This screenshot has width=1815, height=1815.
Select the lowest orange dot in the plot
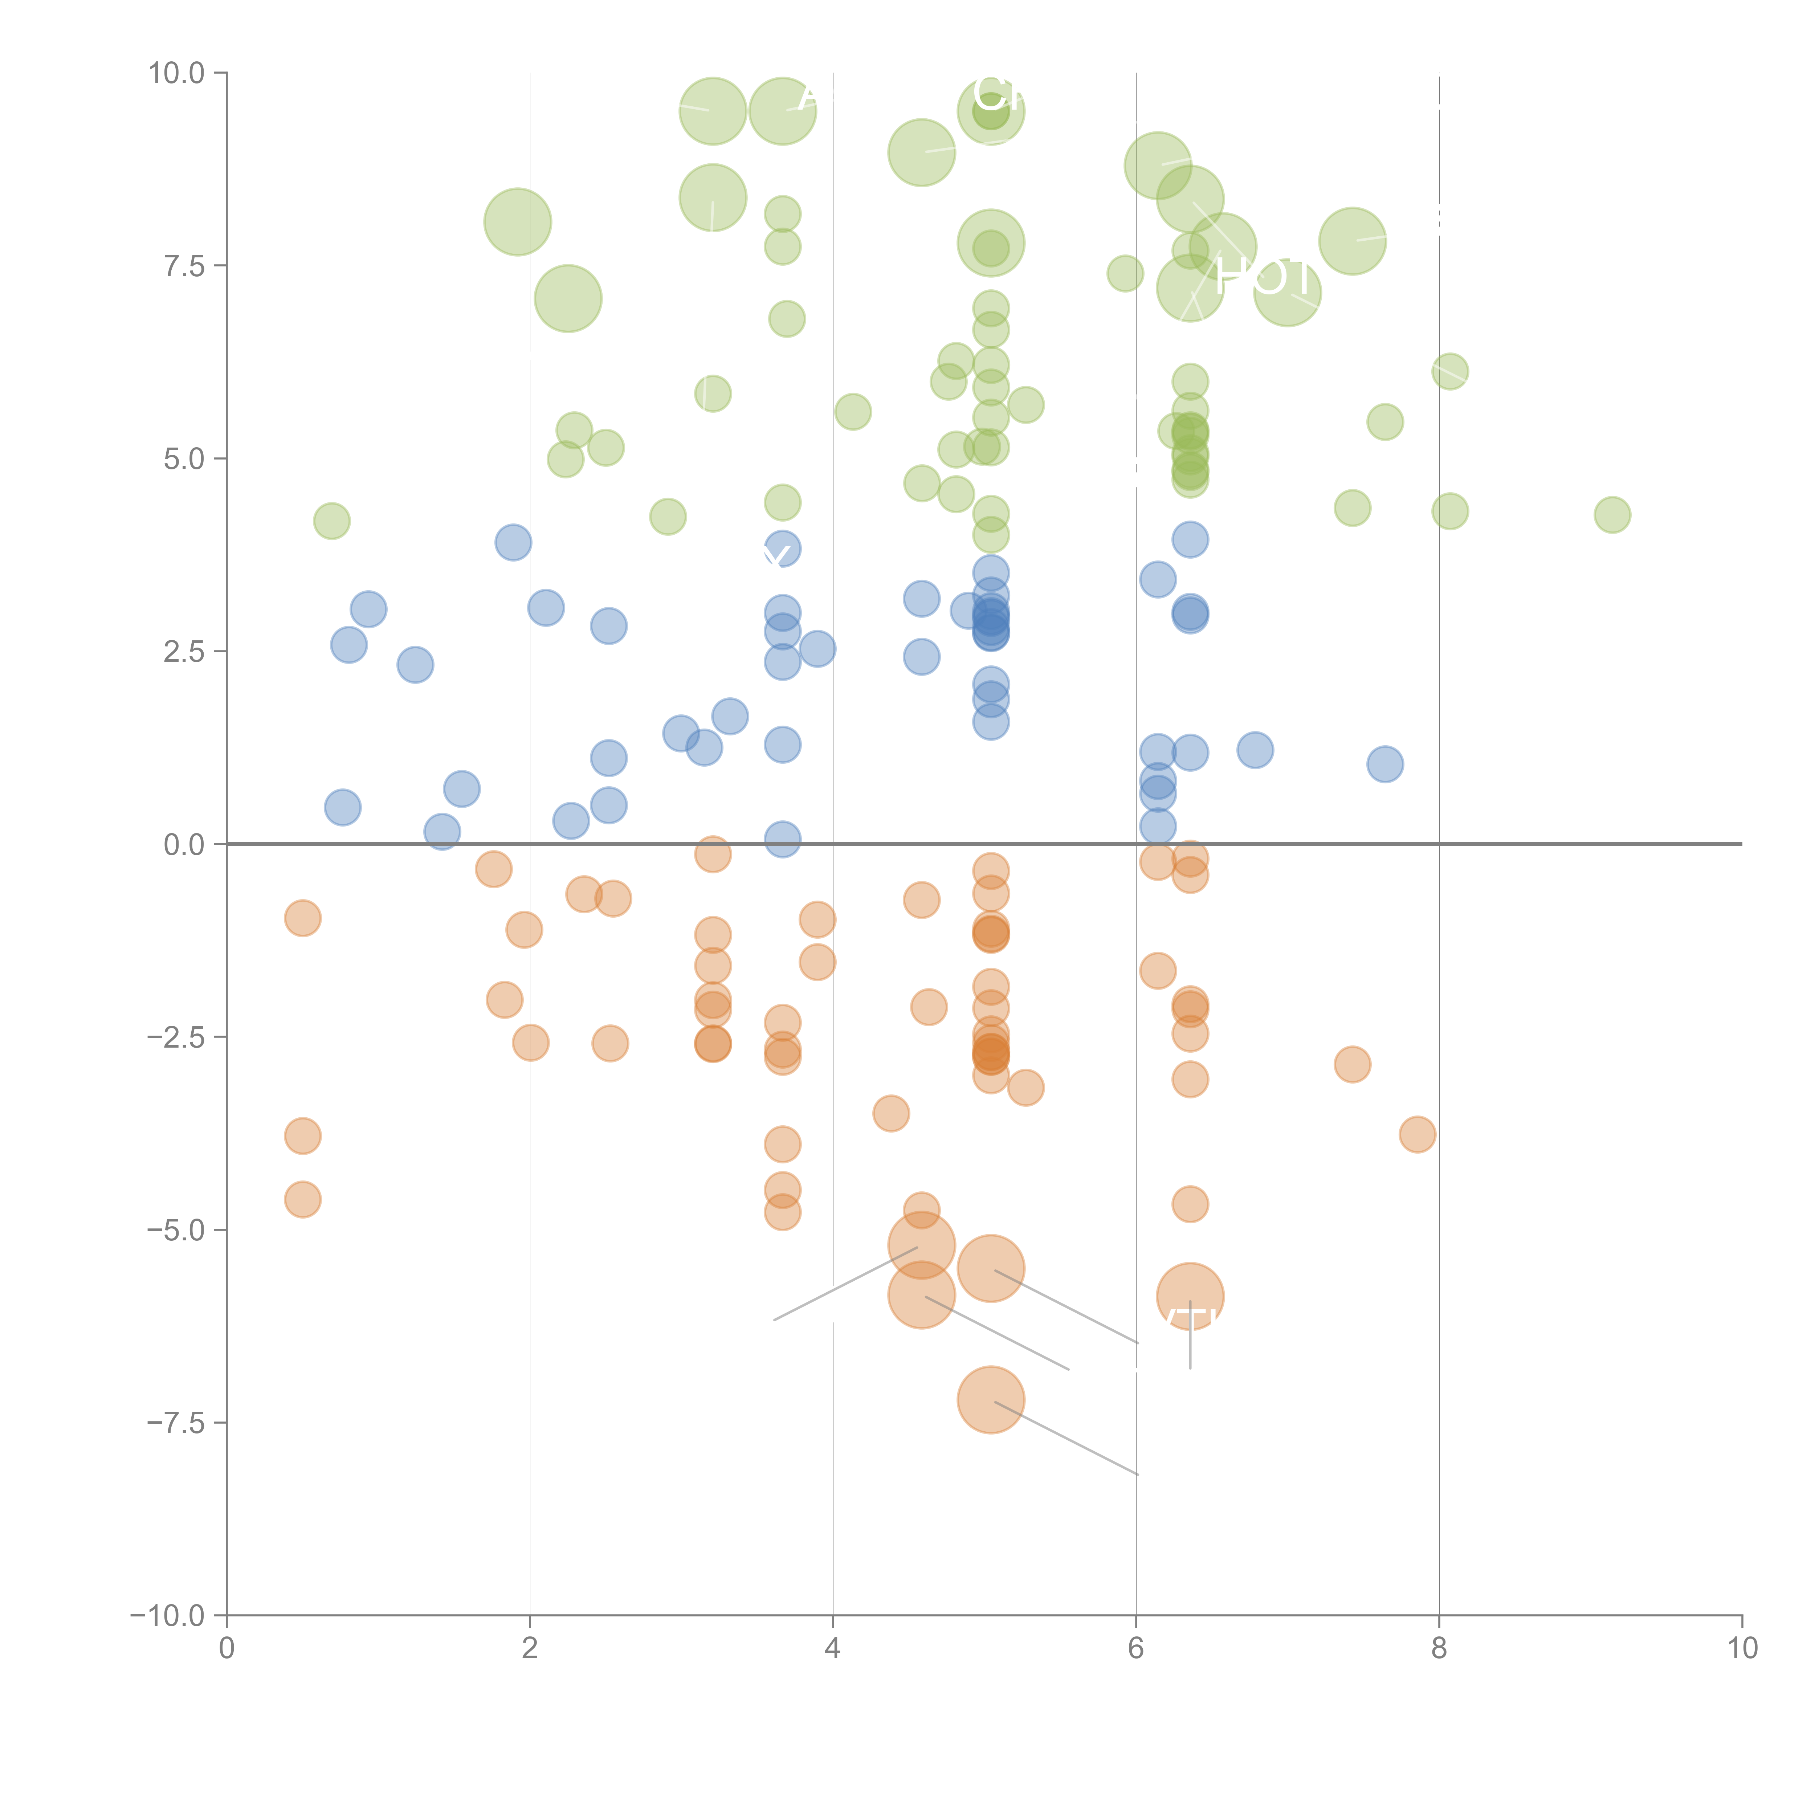tap(990, 1400)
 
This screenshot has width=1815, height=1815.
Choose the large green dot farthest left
tap(518, 222)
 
